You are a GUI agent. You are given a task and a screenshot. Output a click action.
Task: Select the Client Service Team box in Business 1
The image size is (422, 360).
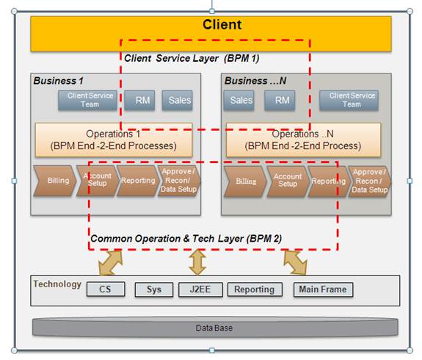[x=87, y=100]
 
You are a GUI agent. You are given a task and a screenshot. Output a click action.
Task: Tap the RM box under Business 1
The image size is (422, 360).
[x=139, y=101]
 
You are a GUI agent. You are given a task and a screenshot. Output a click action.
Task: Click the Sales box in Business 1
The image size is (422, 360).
[x=180, y=101]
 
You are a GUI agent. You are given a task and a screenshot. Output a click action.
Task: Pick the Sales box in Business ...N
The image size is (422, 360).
[x=241, y=101]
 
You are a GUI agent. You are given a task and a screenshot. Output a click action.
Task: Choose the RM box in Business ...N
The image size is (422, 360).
[x=279, y=101]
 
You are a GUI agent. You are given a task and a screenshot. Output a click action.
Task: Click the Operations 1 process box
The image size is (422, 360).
[x=114, y=140]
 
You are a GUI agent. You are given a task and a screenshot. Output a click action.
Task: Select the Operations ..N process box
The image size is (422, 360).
[x=304, y=140]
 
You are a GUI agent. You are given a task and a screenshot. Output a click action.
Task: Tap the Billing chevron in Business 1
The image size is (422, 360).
[x=57, y=181]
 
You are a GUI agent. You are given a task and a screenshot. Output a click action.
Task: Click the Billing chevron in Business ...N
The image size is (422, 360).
[x=246, y=181]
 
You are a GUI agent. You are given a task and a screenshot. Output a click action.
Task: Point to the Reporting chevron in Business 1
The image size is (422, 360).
[x=137, y=181]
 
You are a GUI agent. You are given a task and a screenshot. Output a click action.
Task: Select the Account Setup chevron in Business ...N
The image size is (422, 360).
[x=287, y=181]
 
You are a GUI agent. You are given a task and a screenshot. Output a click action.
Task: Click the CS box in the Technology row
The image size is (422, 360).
[x=106, y=289]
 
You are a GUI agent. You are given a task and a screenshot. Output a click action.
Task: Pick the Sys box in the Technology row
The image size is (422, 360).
[x=153, y=289]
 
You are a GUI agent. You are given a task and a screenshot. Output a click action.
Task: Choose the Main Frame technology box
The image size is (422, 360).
[x=322, y=289]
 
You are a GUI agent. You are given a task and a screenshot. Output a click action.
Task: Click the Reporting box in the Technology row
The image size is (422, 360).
[x=254, y=289]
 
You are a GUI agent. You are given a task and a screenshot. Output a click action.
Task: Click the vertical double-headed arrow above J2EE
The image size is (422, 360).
[x=197, y=262]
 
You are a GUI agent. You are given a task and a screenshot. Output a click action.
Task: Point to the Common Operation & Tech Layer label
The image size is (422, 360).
[x=185, y=239]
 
